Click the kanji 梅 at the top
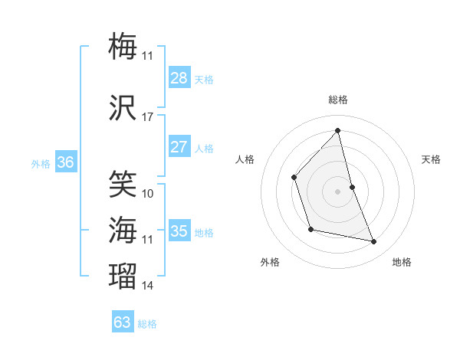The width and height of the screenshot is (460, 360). pyautogui.click(x=123, y=46)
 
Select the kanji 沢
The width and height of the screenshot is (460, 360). pyautogui.click(x=123, y=108)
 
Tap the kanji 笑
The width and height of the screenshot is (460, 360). pyautogui.click(x=123, y=184)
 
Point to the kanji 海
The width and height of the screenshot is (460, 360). pyautogui.click(x=123, y=230)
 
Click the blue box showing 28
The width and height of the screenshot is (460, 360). pyautogui.click(x=179, y=78)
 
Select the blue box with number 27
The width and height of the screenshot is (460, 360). pyautogui.click(x=179, y=147)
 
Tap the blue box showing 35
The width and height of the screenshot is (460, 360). pyautogui.click(x=179, y=231)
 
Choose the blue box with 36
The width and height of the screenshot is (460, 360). pyautogui.click(x=65, y=162)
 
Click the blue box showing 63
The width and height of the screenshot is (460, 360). pyautogui.click(x=122, y=322)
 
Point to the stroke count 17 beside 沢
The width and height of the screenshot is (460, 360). pyautogui.click(x=147, y=117)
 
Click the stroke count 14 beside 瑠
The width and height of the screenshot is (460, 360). pyautogui.click(x=147, y=286)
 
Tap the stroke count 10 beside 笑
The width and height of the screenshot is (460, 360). pyautogui.click(x=147, y=193)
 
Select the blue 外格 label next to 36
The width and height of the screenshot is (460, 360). pyautogui.click(x=41, y=164)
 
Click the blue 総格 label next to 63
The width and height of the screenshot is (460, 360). pyautogui.click(x=147, y=324)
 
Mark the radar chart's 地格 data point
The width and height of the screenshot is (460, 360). pyautogui.click(x=374, y=242)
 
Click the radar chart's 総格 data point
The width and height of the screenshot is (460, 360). pyautogui.click(x=338, y=131)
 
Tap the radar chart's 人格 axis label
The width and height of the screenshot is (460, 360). pyautogui.click(x=245, y=159)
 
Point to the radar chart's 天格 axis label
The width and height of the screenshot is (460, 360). pyautogui.click(x=432, y=159)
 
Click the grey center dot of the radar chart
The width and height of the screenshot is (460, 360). pyautogui.click(x=338, y=191)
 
